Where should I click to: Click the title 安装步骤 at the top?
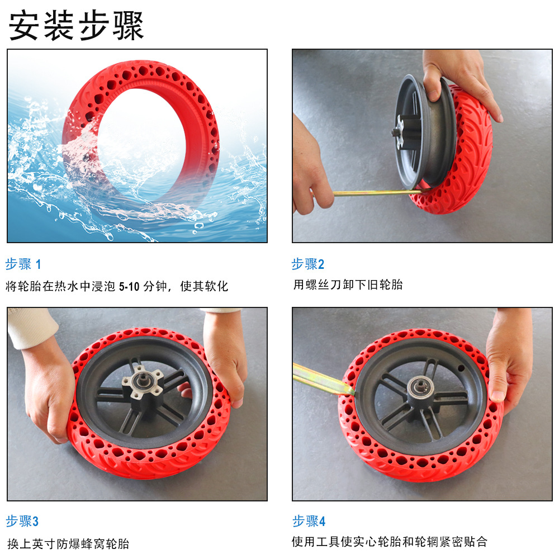coord(76,25)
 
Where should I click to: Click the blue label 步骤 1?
coord(23,264)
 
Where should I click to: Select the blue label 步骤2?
coord(308,264)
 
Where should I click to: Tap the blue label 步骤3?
coord(22,521)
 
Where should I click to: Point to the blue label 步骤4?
coord(309,521)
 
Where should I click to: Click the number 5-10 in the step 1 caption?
coord(129,286)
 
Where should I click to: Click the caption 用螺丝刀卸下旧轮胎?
coord(348,285)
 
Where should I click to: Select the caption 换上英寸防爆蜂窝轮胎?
coord(68,544)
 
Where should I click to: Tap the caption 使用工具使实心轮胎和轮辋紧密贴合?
coord(389,542)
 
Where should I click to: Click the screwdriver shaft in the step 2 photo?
coord(378,193)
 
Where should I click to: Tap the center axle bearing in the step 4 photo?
coord(421,387)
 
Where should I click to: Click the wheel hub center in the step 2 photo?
coord(398,132)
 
